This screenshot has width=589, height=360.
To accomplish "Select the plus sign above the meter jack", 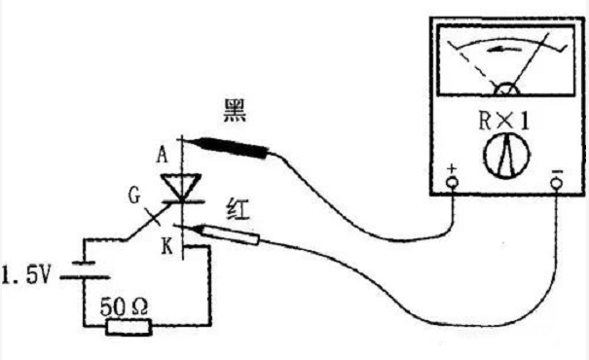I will point(452,173).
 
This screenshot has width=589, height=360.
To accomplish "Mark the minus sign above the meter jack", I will point(555,174).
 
